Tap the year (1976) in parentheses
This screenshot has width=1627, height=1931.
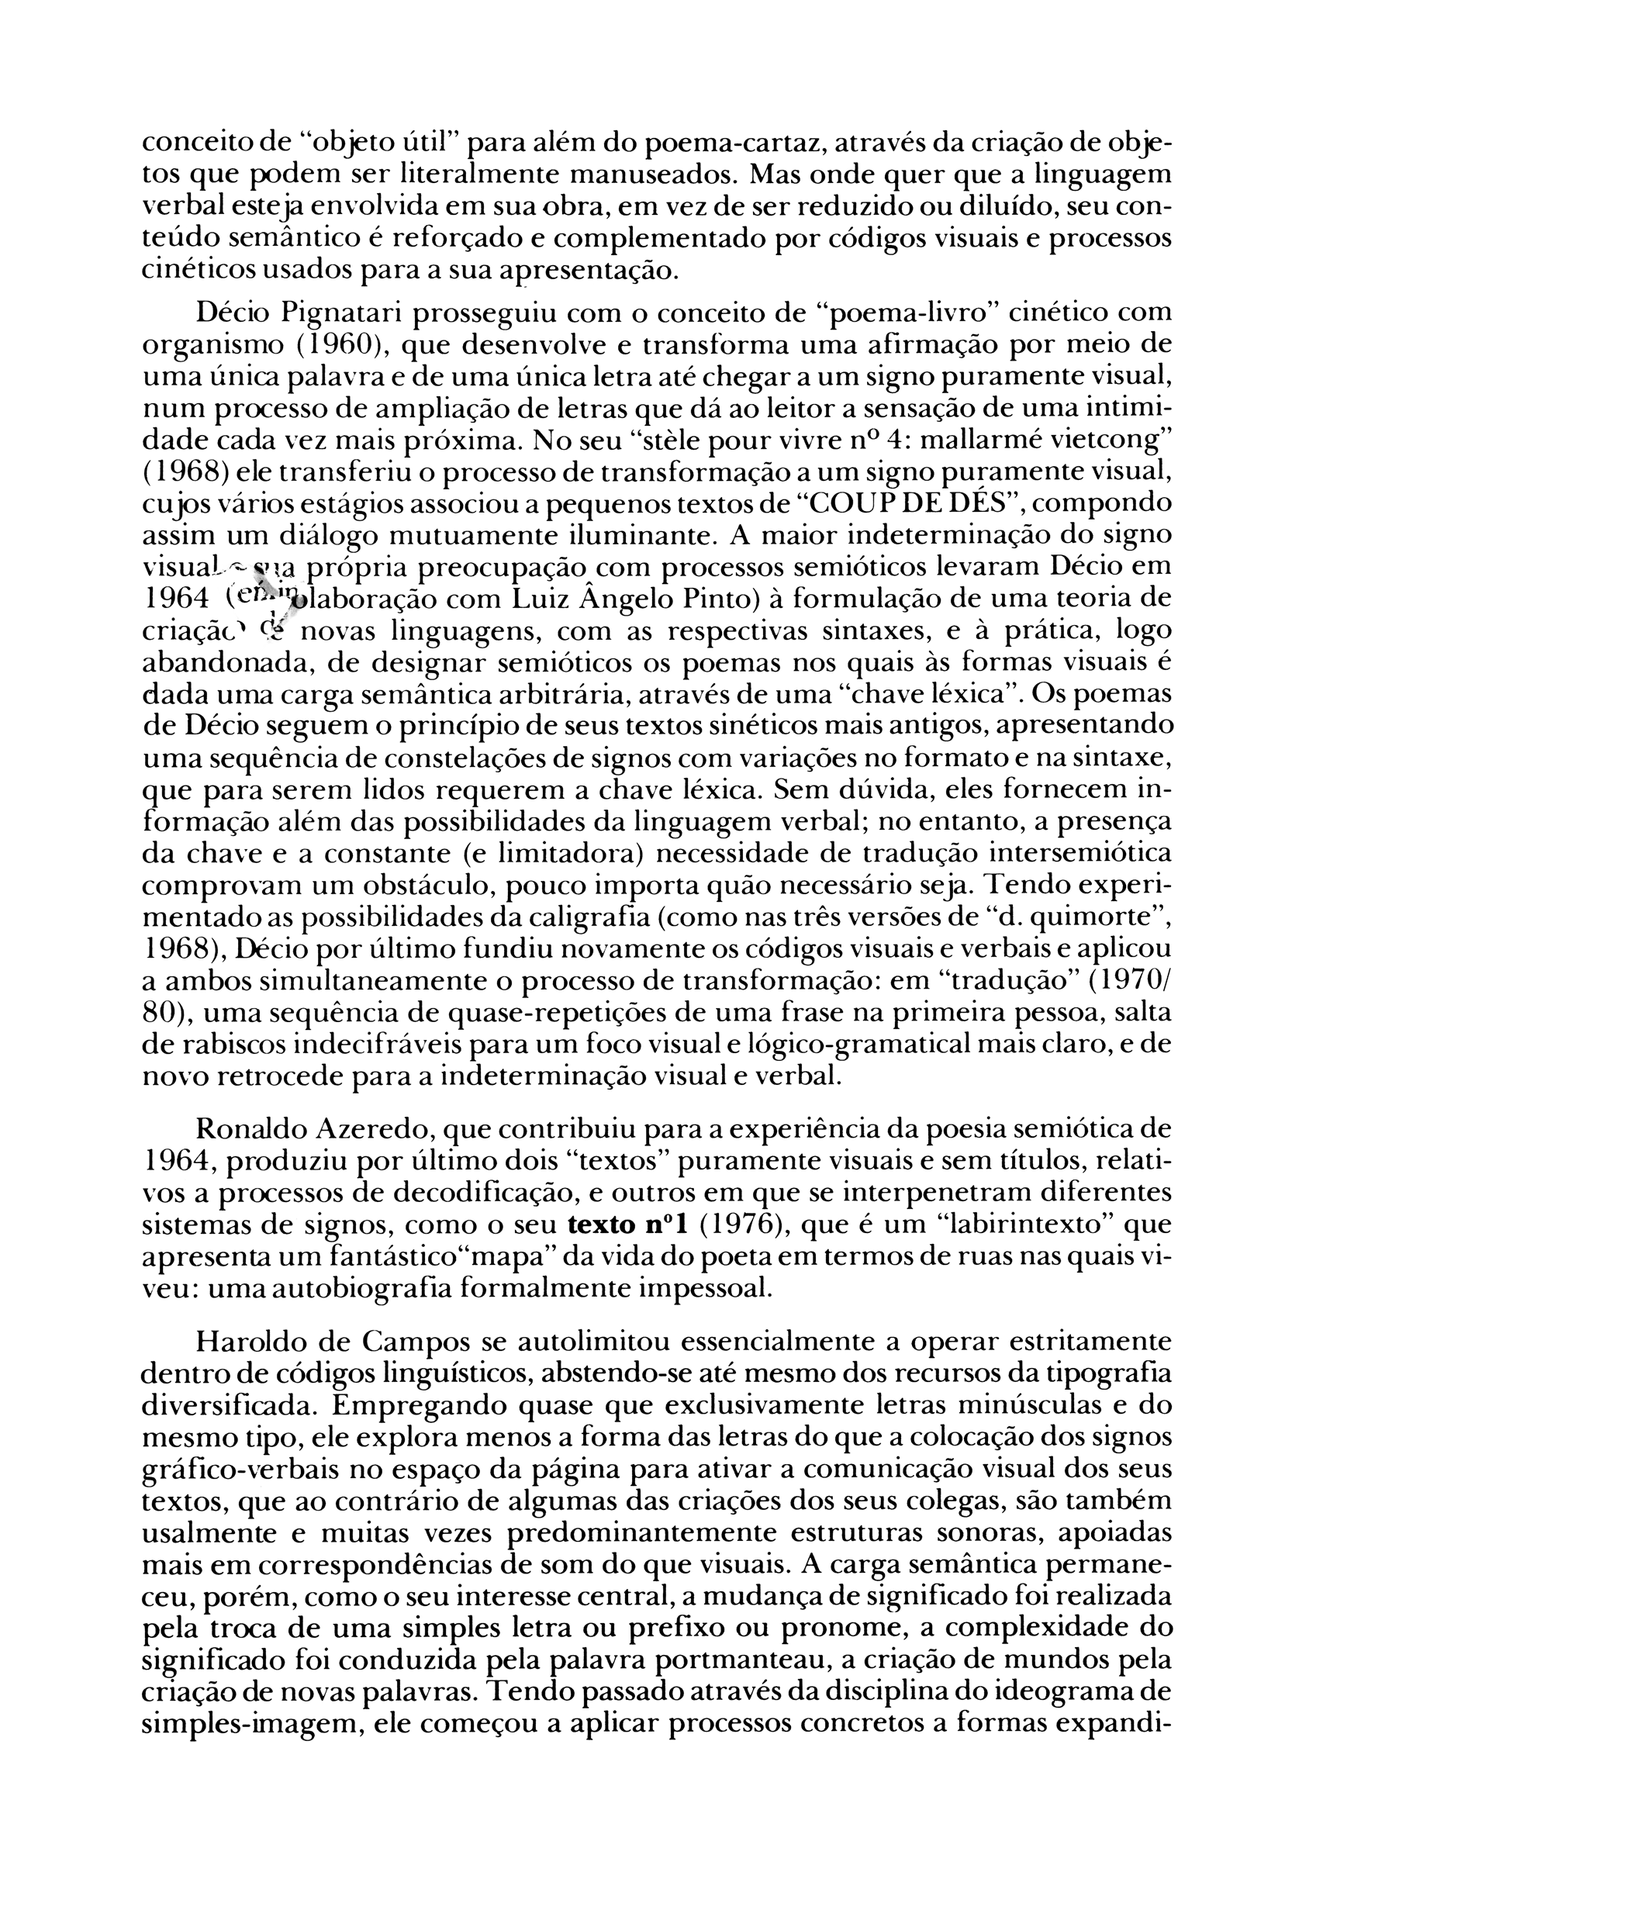(x=735, y=1225)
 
